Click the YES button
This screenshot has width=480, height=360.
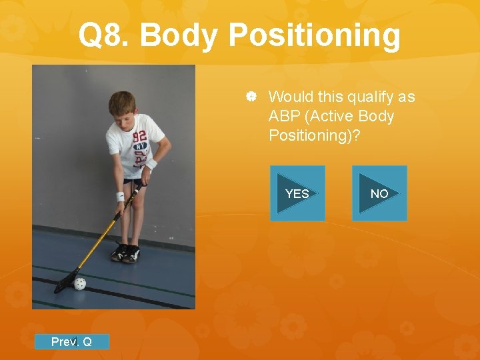pos(297,193)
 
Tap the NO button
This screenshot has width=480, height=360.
pos(379,193)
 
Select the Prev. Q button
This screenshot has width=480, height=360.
pos(71,342)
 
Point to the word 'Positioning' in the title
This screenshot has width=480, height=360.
pos(315,37)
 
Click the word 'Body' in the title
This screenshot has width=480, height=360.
pos(180,35)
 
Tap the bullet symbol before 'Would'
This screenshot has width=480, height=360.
pos(252,97)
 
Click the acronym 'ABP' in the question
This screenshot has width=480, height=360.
pos(284,116)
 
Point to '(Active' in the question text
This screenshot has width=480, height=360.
pos(331,116)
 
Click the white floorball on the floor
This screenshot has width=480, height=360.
pos(80,283)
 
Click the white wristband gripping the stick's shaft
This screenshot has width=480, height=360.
pos(120,197)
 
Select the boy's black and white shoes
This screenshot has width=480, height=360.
pos(125,253)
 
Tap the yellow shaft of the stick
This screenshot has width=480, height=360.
pos(100,237)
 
